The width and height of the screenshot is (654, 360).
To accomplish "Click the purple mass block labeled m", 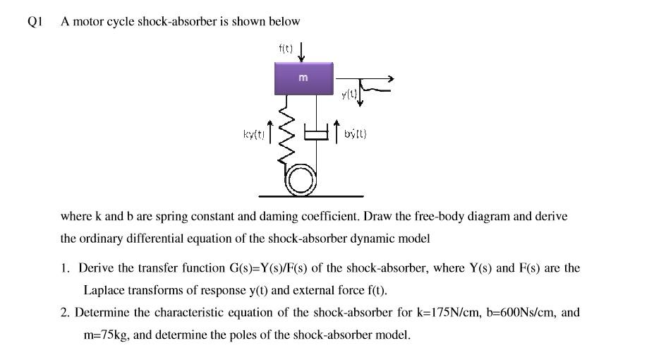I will pyautogui.click(x=303, y=78).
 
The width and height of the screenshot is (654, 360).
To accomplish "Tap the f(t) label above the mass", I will pyautogui.click(x=286, y=48).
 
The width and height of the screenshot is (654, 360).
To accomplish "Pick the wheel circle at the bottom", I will pyautogui.click(x=301, y=182).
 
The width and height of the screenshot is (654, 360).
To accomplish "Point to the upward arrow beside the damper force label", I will pyautogui.click(x=337, y=131).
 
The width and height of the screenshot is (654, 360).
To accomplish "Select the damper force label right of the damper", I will pyautogui.click(x=356, y=133).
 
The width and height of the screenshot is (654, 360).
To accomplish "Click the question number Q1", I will pyautogui.click(x=36, y=21).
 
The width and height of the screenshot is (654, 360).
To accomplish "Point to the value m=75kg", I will pyautogui.click(x=105, y=335).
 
